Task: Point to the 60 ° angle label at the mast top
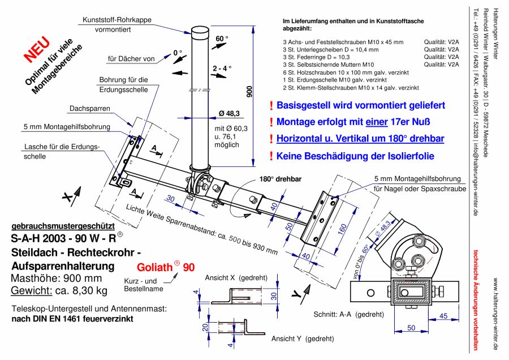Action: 222,39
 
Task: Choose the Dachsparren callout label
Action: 90,108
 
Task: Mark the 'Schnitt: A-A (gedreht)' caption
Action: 348,314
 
